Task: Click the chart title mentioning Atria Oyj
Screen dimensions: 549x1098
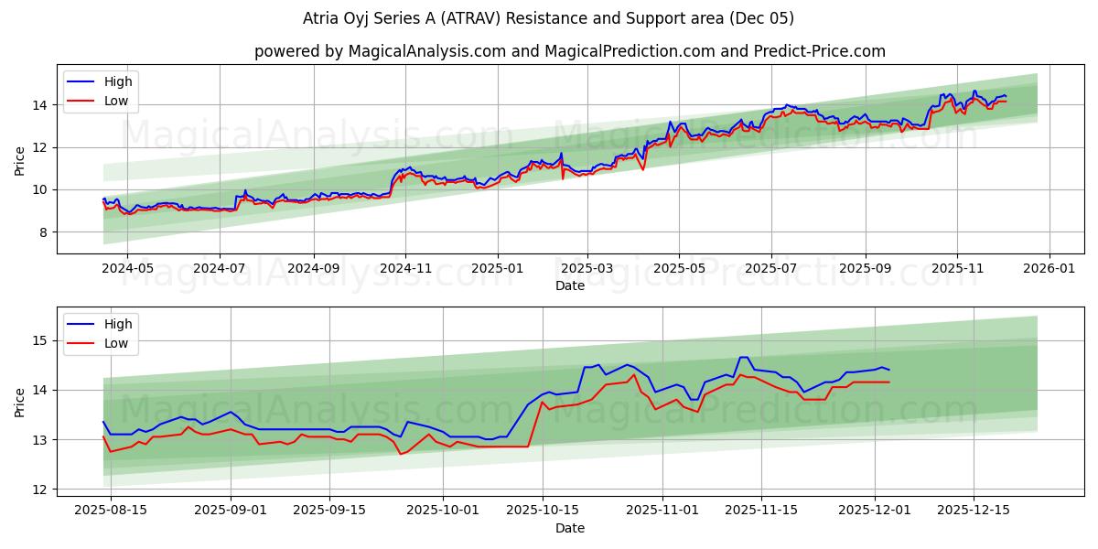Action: [548, 18]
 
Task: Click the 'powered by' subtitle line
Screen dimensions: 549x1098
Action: [569, 51]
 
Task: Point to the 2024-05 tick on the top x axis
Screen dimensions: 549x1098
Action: [126, 269]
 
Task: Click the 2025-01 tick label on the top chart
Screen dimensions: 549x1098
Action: [498, 269]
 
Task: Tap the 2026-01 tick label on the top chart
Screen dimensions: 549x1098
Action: [1049, 269]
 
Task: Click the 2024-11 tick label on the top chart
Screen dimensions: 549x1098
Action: [405, 269]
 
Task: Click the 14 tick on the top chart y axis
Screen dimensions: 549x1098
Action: [40, 105]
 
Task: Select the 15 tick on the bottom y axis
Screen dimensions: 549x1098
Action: [40, 340]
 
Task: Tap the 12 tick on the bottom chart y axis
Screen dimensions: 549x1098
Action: [40, 490]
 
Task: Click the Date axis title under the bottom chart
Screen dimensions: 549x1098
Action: [569, 528]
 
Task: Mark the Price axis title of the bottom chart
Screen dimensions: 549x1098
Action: [20, 402]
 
